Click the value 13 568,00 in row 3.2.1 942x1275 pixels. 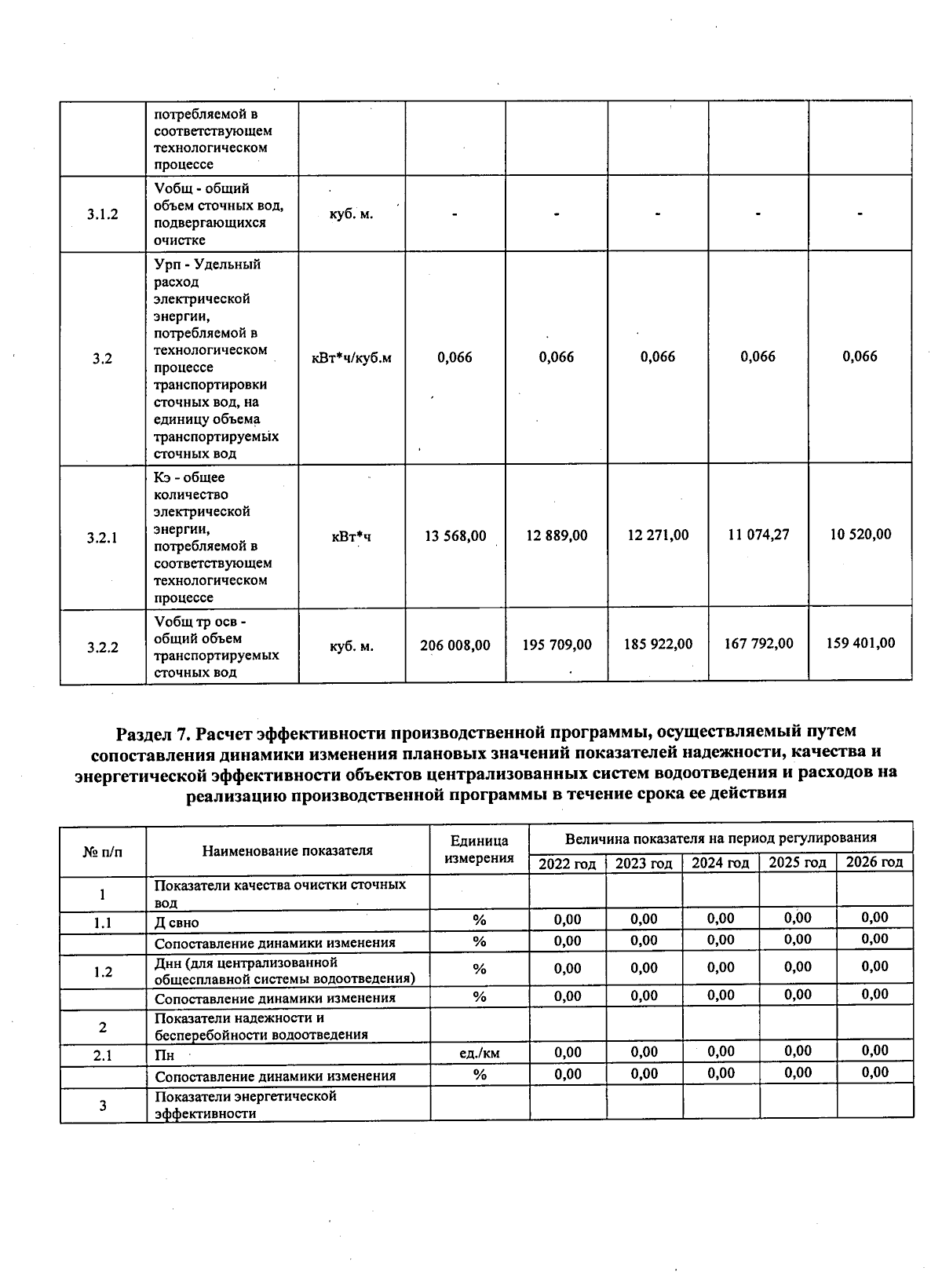pos(455,536)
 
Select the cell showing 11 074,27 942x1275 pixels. pos(758,535)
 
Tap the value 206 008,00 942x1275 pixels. pos(455,645)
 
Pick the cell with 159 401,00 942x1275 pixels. pos(860,643)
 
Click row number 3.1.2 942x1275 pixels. pos(103,214)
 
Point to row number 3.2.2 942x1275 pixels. pos(103,648)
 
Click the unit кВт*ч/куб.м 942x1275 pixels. pos(352,358)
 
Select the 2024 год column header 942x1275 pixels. pos(721,863)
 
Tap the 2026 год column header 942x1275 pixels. pos(874,862)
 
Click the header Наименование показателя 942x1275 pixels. pos(287,850)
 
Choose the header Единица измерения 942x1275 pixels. pos(479,849)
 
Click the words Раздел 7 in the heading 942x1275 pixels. pos(154,732)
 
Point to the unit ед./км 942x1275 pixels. pos(479,1054)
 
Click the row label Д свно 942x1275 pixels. pos(177,922)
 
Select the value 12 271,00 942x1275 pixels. pos(658,535)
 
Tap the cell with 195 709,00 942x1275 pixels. pos(557,645)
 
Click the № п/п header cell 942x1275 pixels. pos(103,851)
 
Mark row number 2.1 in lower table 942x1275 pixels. pos(103,1056)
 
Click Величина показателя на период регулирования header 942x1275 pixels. pos(721,838)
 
